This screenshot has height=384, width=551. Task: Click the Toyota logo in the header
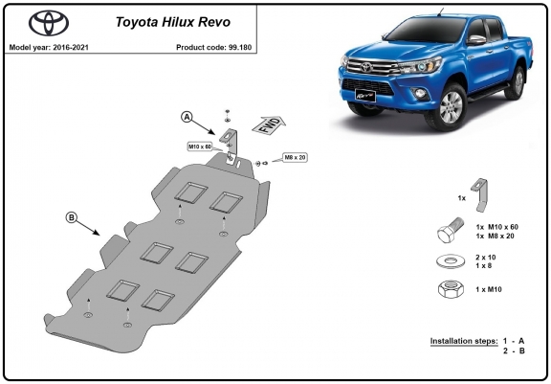point(49,23)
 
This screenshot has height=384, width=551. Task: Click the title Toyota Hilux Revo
point(173,22)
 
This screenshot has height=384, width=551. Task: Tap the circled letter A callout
point(187,117)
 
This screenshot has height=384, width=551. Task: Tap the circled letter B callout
point(72,217)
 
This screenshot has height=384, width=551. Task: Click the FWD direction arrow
point(269,124)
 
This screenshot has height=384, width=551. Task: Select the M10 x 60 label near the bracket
point(200,147)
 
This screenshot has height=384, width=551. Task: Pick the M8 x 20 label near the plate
point(295,158)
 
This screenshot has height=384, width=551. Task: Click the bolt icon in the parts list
point(452,230)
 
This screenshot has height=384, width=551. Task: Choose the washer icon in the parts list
point(451,261)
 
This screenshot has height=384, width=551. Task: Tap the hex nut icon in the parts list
point(451,289)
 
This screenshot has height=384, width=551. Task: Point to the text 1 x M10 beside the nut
point(489,289)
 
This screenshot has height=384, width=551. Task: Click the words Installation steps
point(464,341)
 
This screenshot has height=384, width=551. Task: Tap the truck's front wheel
point(451,107)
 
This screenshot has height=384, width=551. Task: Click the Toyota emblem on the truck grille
point(366,66)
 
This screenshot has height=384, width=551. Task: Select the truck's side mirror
point(476,39)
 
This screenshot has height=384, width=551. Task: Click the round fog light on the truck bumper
point(420,93)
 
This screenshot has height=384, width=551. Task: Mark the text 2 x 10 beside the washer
point(486,257)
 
